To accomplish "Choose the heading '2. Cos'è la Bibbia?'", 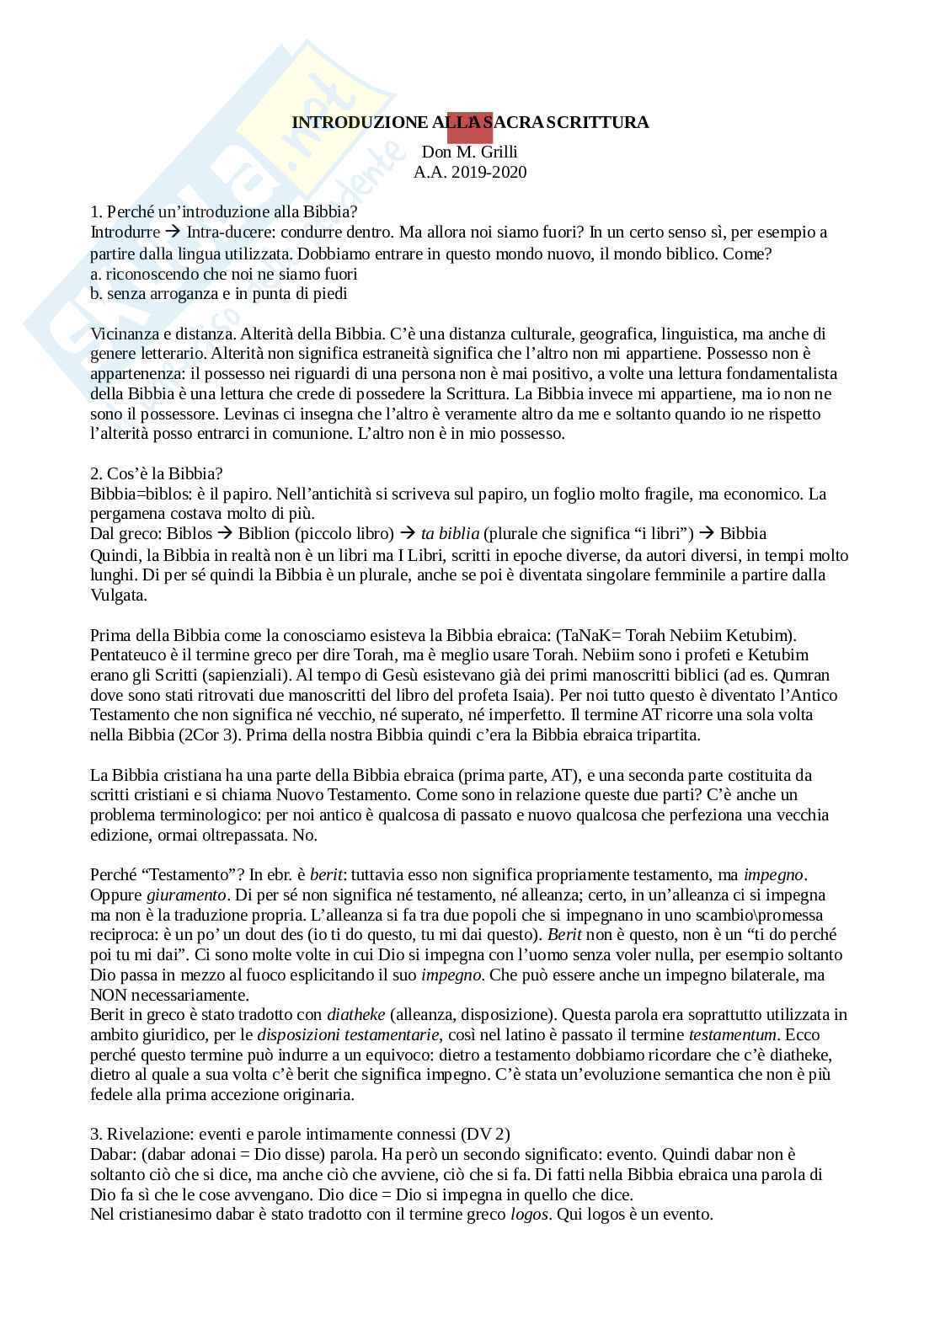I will (157, 473).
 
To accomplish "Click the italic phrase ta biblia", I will (451, 534).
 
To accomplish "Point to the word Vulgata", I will (119, 595).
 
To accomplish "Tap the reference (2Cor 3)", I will (206, 735).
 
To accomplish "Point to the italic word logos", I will (530, 1215).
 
